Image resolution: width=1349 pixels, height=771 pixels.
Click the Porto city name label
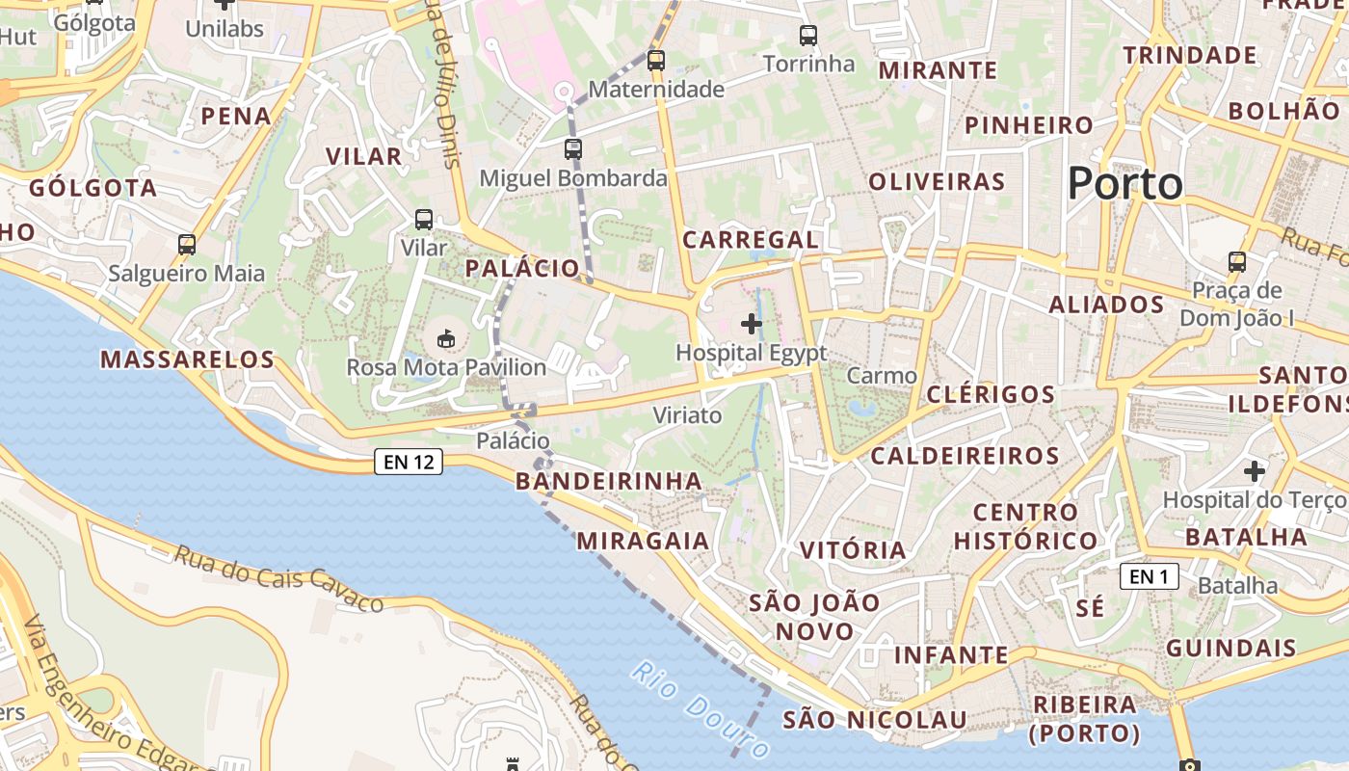coord(1124,183)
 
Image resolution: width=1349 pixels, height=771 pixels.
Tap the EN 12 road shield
coord(409,462)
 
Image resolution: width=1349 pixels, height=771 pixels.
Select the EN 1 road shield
coord(1150,576)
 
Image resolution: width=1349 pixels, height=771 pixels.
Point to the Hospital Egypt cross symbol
coord(752,324)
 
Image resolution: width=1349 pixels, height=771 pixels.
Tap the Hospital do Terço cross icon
coord(1254,471)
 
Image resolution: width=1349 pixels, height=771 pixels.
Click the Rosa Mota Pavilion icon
coord(446,338)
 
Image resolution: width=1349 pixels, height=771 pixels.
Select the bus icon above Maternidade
coord(656,60)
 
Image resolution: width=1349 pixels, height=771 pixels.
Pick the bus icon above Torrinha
coord(808,36)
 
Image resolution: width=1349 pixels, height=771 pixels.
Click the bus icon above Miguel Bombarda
coord(573,148)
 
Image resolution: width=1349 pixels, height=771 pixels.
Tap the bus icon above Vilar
coord(423,219)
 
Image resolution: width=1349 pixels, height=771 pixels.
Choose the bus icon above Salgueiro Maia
coord(187,245)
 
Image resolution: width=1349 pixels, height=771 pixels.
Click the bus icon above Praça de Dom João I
coord(1237,261)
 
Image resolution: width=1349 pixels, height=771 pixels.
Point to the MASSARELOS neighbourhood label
coord(188,359)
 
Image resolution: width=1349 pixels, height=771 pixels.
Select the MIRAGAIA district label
coord(644,541)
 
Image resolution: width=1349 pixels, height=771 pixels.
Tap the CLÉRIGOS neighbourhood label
coord(991,394)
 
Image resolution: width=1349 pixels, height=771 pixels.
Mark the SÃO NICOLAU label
coord(874,720)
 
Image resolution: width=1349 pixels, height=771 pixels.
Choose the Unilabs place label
coord(225,29)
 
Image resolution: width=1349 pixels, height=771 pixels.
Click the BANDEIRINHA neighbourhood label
coord(609,480)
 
